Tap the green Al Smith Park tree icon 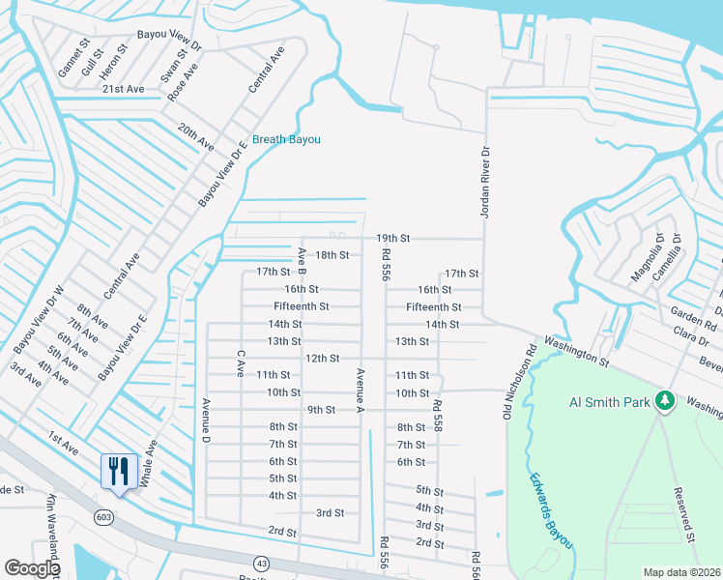point(664,399)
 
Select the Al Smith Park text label point(609,401)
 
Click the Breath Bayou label point(286,139)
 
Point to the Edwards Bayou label point(551,511)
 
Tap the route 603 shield point(102,517)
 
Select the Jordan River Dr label point(486,182)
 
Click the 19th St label point(393,238)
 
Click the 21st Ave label point(123,89)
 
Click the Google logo point(32,568)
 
